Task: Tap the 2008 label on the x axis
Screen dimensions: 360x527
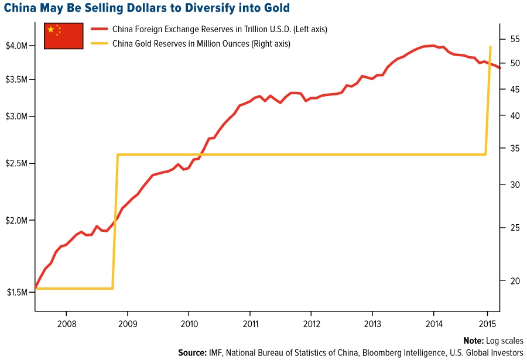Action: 66,324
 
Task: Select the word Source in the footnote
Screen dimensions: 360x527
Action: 193,353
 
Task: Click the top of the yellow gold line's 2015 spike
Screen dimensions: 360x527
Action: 490,46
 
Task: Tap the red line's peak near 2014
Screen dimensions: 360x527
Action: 432,45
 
